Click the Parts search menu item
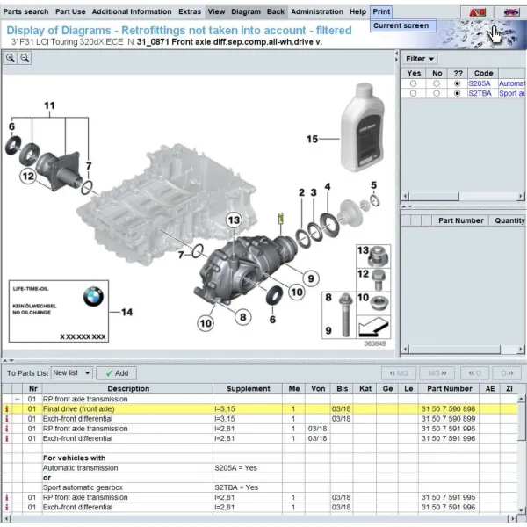coord(25,11)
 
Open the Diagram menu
coord(246,11)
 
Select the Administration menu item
coord(316,11)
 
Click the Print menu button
coord(381,11)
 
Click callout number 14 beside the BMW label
coord(126,312)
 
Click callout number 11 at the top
coord(49,106)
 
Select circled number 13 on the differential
coord(233,220)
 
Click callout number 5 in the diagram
coord(373,184)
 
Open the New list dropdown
coord(71,372)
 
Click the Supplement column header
coord(249,388)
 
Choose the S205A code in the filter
coord(480,83)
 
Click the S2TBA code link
coord(480,93)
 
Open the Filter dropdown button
coord(418,59)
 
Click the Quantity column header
coord(509,220)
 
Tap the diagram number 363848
coord(374,343)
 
